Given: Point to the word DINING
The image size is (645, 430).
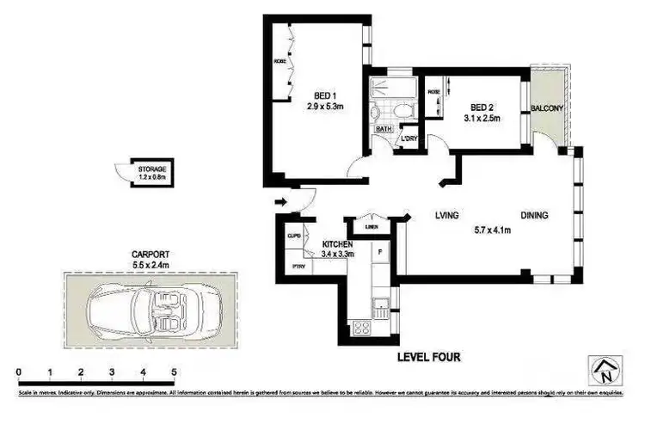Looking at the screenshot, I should click(x=533, y=216).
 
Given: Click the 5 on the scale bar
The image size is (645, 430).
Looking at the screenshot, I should click(x=175, y=372).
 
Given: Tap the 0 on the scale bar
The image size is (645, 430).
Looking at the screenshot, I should click(x=19, y=372).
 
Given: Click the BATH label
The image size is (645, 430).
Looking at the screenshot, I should click(x=384, y=129).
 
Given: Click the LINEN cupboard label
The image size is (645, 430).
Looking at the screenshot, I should click(x=371, y=227).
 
